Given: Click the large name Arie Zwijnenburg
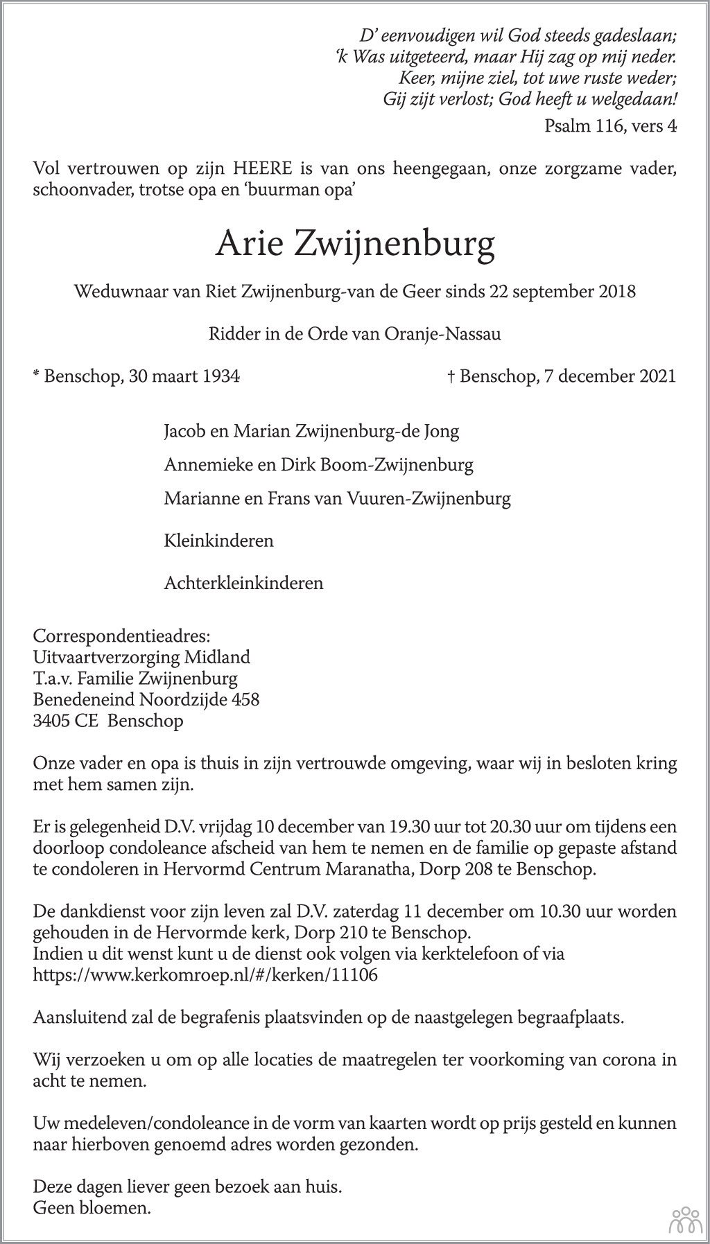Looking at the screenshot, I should coord(354,244).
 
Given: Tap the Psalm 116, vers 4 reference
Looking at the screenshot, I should coord(610,125).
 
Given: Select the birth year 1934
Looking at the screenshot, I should coord(220,376).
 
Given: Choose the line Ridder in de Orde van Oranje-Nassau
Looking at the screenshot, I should coord(354,334).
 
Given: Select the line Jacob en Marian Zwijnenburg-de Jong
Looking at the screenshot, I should coord(311,431).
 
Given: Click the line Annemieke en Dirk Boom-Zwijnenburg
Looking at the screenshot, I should coord(318,464).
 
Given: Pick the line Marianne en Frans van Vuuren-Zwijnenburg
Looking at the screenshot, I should coord(337,498).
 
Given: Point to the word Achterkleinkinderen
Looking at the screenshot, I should coord(243,582).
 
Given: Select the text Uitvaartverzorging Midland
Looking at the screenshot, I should coord(141,656).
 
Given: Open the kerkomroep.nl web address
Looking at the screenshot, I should coord(205,974).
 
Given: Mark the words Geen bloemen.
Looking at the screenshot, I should coord(92,1208).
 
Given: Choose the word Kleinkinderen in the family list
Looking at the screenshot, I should coord(218,541).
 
